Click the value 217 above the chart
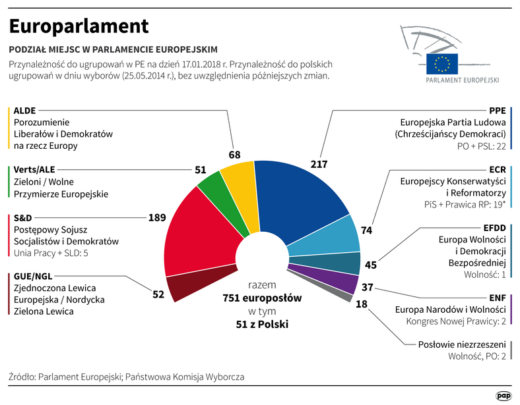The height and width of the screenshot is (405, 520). [319, 163]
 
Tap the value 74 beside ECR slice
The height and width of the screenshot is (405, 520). [368, 230]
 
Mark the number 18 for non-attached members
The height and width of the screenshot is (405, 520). [362, 304]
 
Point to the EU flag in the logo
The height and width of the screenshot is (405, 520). [441, 63]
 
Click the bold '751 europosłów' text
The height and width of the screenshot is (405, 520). [262, 298]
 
